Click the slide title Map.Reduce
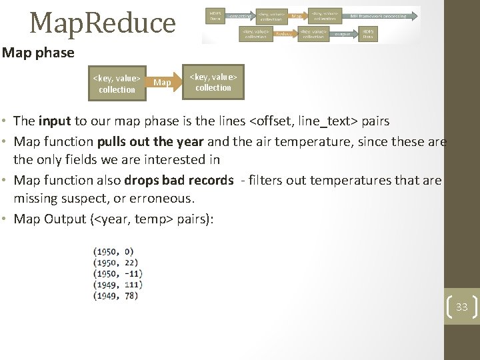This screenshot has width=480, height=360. (x=102, y=22)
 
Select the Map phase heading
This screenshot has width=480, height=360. (x=38, y=52)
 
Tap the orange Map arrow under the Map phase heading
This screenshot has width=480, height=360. (x=163, y=83)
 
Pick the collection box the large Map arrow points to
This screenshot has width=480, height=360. (x=213, y=82)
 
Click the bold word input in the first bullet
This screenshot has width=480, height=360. (x=56, y=121)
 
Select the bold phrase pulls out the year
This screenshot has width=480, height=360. (x=150, y=141)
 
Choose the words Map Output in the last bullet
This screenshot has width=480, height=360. (x=52, y=219)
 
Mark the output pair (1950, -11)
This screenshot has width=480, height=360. (x=117, y=273)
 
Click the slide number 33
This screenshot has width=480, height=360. (x=461, y=307)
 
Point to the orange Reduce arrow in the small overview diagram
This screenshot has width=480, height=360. (x=284, y=32)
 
